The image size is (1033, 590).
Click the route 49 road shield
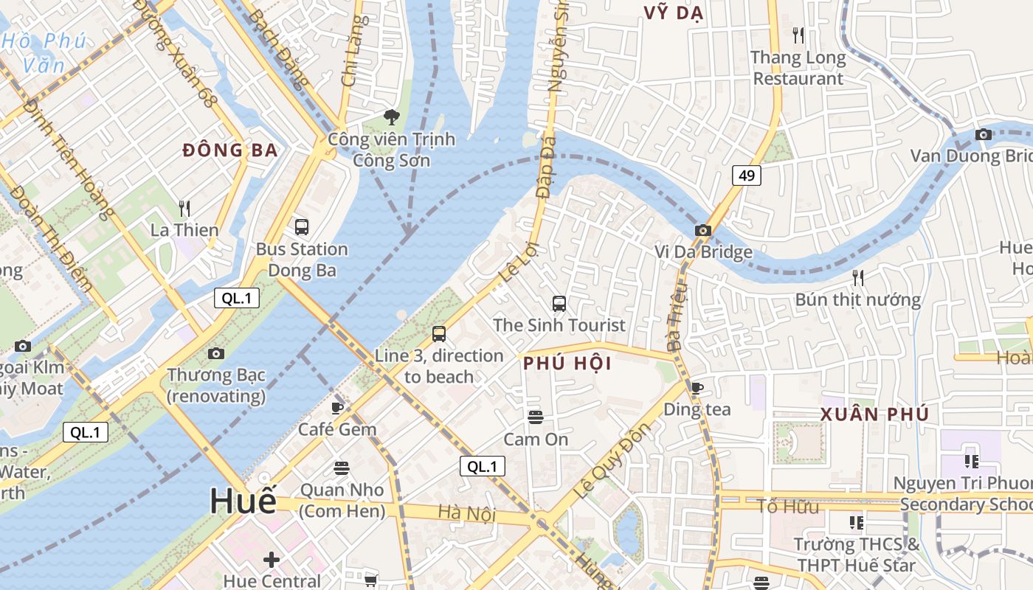(747, 175)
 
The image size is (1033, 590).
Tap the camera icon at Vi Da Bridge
(702, 230)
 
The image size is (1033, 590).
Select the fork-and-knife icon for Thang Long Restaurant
(798, 35)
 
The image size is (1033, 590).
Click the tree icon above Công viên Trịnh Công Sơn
(392, 117)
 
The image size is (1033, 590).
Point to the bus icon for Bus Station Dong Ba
(301, 226)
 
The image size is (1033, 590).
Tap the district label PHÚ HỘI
(567, 364)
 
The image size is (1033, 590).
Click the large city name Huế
(243, 502)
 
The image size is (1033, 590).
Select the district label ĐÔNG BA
(230, 150)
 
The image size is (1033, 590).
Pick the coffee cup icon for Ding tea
(697, 388)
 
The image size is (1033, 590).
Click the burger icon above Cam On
(536, 417)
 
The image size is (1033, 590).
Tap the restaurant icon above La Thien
(184, 209)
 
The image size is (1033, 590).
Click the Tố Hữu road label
(788, 507)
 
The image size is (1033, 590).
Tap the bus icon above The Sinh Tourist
(559, 303)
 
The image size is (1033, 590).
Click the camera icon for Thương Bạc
(215, 354)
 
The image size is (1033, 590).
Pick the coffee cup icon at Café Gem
(337, 407)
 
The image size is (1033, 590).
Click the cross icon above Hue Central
(272, 560)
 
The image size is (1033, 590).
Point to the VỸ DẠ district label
(673, 13)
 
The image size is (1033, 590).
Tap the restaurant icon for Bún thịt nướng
(857, 278)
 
